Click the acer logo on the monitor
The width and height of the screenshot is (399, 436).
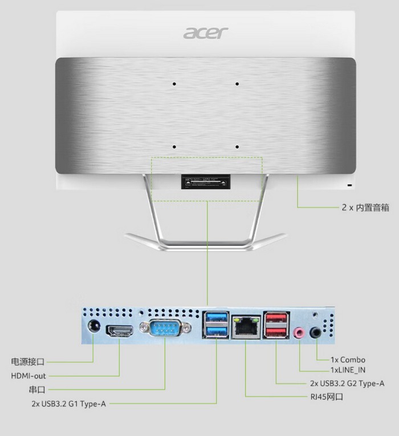(205, 33)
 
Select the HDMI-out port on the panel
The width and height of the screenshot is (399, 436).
(120, 330)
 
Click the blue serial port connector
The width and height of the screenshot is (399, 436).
(165, 329)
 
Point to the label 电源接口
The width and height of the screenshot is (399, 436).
(27, 362)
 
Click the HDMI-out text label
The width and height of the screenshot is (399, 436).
(28, 376)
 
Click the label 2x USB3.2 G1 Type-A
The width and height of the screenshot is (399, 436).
(69, 404)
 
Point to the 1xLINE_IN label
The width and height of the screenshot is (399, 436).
(348, 370)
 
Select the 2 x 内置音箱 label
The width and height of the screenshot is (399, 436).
(365, 208)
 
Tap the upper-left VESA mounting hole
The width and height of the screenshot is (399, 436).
(174, 84)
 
